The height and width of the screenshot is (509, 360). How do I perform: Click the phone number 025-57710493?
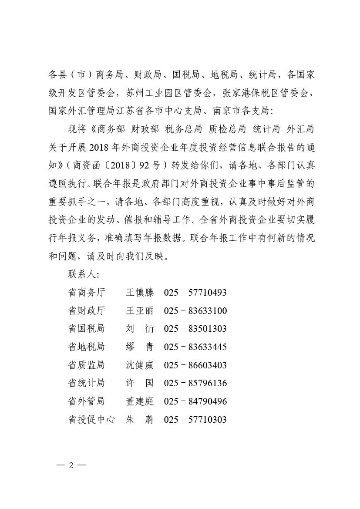click(195, 293)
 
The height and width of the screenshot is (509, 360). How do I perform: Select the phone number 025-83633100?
click(195, 311)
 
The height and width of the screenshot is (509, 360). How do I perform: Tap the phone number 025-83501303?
click(195, 329)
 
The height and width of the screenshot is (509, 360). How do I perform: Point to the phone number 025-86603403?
click(195, 365)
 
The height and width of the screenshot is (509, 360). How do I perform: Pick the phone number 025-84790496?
click(195, 401)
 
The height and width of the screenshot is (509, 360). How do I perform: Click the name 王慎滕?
click(140, 293)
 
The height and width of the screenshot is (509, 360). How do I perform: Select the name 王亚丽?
click(140, 311)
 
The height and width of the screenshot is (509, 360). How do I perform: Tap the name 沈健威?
click(140, 365)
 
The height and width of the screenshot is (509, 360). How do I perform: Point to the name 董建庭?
click(140, 401)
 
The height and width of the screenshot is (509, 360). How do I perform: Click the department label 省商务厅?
click(86, 293)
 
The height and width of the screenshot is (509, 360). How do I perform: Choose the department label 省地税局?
click(86, 347)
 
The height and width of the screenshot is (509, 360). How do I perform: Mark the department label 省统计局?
click(86, 383)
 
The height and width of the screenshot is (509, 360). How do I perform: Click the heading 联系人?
click(83, 274)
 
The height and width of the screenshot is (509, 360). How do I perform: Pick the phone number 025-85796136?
click(195, 383)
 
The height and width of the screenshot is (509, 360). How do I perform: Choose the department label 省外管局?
click(86, 401)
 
